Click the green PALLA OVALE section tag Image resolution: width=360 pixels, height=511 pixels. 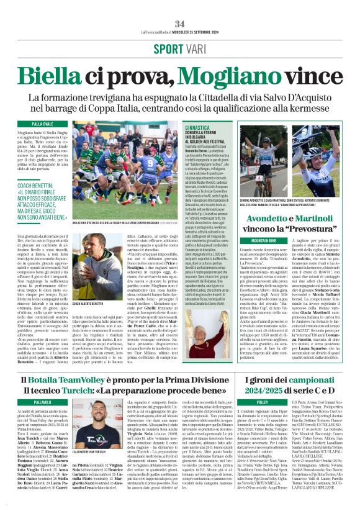43,124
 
